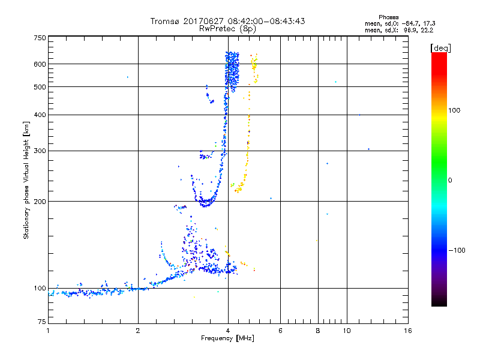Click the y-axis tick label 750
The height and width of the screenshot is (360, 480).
pos(40,38)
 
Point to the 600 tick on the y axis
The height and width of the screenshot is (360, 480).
pos(40,64)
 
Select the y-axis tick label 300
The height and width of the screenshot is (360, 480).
pos(40,151)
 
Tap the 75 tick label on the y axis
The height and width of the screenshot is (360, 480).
pos(41,323)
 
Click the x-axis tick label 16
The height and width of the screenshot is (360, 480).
pos(407,331)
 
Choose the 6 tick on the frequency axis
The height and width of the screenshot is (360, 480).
pos(280,331)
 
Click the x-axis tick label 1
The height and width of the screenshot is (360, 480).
pos(48,331)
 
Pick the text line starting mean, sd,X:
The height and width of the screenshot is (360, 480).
pos(398,29)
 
